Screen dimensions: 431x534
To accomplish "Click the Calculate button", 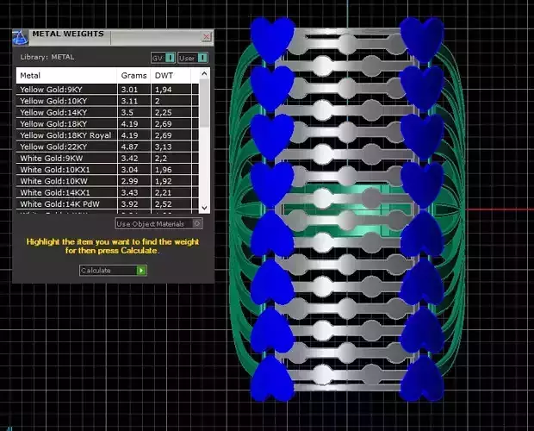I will (113, 271).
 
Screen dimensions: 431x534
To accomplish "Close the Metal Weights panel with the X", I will (207, 37).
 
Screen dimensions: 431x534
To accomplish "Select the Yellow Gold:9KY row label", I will (53, 90).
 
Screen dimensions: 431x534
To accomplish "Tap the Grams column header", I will (133, 76).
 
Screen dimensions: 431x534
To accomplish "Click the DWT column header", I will (164, 76).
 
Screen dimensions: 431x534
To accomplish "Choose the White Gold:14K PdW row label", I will (57, 204).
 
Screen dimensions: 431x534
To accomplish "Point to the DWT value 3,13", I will (164, 147).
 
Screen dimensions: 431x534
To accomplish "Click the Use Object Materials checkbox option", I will (158, 224).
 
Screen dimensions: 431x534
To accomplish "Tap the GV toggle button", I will (164, 58).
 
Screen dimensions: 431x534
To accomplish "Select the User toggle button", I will (193, 58).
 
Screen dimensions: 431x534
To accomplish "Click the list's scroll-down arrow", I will (204, 208).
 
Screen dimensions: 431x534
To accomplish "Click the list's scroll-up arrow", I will (204, 74).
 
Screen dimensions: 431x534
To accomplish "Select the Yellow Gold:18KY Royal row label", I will (65, 135).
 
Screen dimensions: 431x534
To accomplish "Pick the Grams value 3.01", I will (130, 90).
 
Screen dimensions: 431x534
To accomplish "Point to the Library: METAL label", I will (47, 58).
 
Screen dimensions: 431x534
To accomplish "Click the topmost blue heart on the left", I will (272, 39).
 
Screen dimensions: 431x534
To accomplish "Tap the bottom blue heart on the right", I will (422, 378).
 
